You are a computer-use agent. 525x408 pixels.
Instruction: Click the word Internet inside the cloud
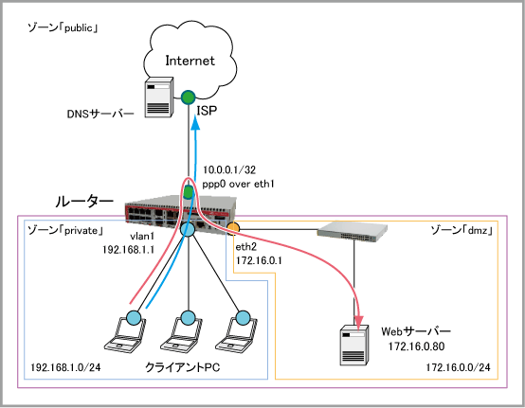(190, 61)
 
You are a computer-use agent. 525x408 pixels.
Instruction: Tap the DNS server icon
(159, 98)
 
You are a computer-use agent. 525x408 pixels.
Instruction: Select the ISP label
(207, 111)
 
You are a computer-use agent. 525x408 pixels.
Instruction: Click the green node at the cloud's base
(188, 98)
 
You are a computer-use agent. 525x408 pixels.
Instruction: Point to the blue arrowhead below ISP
(195, 123)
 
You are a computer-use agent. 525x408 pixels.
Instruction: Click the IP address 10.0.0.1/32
(229, 169)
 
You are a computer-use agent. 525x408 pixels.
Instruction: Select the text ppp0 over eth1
(238, 184)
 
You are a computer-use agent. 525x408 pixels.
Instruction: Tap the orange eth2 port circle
(233, 228)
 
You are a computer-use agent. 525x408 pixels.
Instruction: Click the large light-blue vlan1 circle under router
(188, 229)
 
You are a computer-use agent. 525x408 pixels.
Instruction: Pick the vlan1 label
(143, 237)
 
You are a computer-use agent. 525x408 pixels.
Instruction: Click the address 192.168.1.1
(128, 250)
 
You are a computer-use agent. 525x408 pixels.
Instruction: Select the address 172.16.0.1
(259, 260)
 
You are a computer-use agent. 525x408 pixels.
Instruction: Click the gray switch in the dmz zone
(353, 231)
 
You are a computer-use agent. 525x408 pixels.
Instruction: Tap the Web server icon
(354, 345)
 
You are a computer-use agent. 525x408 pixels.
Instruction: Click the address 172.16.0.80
(417, 346)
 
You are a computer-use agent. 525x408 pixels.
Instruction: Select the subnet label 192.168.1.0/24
(65, 367)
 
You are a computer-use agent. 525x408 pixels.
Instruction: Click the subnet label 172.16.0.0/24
(458, 367)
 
